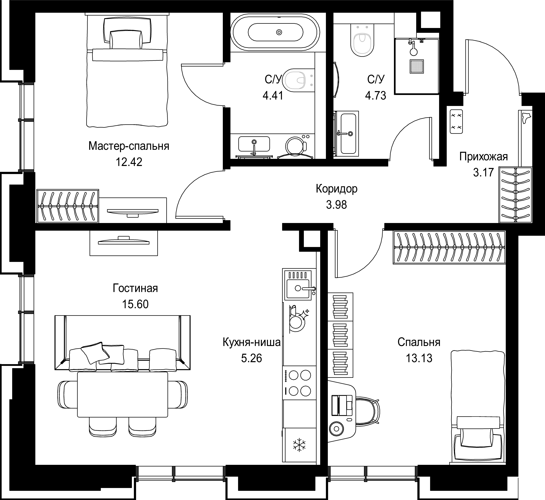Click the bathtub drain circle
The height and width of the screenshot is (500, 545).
(279, 32)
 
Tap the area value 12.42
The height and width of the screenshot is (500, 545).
(129, 162)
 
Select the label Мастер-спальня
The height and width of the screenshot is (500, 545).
(129, 146)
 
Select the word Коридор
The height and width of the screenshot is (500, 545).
(336, 189)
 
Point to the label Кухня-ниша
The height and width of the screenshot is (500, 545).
(252, 343)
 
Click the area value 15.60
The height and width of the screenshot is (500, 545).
(135, 304)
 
